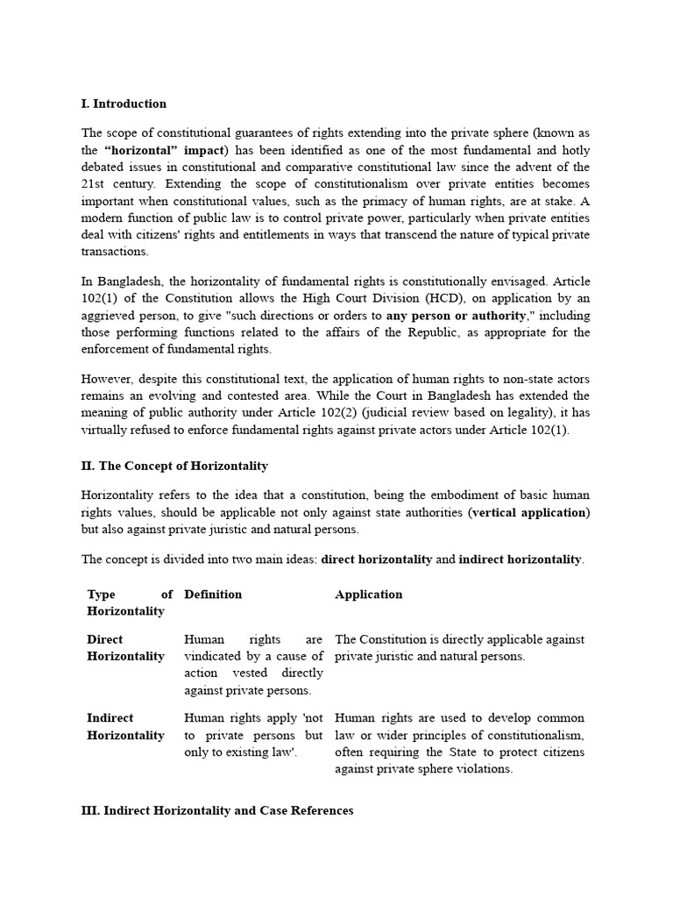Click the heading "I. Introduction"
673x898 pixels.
coord(124,103)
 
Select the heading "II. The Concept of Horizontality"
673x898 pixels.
coord(174,466)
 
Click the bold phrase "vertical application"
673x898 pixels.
coord(529,512)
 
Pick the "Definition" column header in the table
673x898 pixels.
coord(213,595)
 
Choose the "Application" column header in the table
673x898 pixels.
coord(368,595)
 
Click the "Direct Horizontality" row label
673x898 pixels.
coord(125,648)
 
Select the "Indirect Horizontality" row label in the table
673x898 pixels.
coord(125,727)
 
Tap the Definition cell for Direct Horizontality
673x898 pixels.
coord(253,665)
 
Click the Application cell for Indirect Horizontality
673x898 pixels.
coord(459,744)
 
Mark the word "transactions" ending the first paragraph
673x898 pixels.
coord(116,251)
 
